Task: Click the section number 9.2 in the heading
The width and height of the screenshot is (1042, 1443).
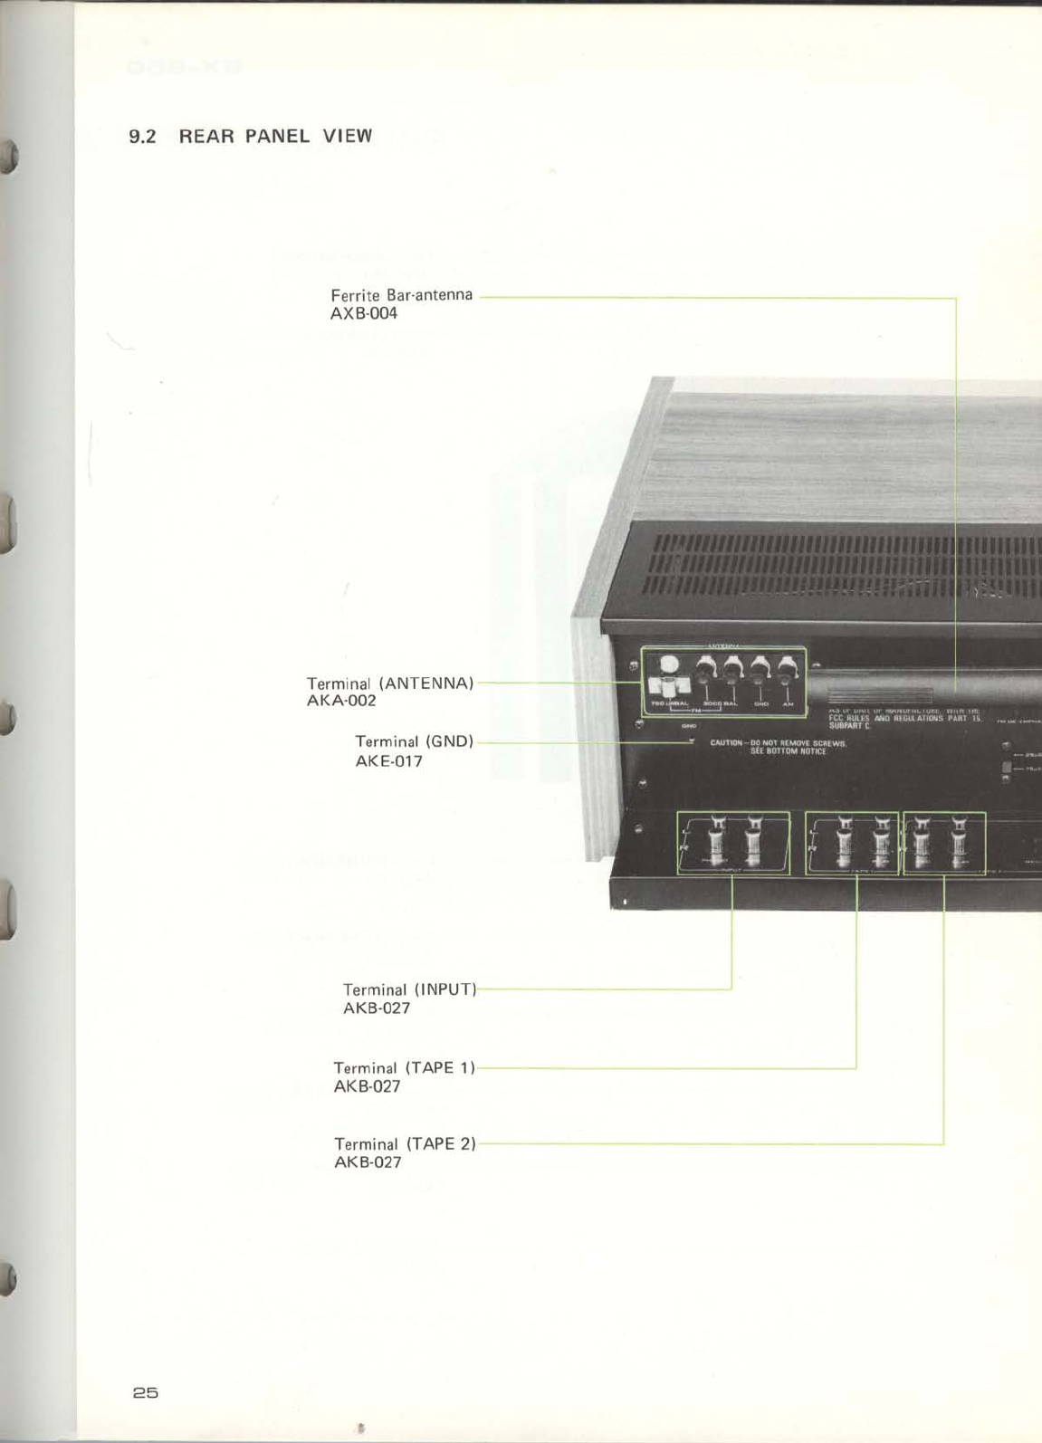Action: [143, 137]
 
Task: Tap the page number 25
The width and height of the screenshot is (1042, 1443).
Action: [145, 1392]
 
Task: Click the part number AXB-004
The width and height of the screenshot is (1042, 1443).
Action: [364, 314]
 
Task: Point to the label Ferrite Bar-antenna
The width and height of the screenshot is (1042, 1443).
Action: [401, 295]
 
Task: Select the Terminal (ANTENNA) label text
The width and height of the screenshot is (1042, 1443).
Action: [390, 683]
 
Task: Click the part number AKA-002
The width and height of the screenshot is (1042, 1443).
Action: [341, 701]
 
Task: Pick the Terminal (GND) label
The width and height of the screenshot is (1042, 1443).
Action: [414, 741]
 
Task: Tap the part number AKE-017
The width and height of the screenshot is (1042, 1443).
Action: [388, 761]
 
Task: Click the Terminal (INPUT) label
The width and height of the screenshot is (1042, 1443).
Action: [409, 989]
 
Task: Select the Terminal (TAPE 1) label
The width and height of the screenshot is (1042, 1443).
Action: [404, 1068]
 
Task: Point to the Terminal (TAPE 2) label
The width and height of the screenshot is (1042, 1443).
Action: [405, 1144]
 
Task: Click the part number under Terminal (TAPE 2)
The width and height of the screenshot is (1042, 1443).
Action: [368, 1162]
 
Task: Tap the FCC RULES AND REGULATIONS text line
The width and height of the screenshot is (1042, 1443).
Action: [904, 718]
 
